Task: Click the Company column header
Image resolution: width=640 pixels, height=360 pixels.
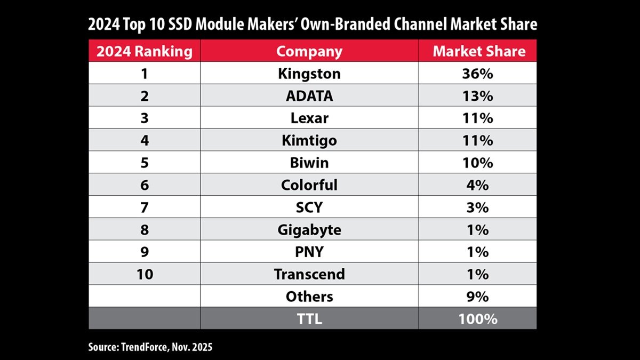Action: [309, 52]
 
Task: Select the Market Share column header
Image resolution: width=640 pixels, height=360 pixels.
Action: [478, 52]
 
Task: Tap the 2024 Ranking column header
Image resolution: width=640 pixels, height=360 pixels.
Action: [144, 52]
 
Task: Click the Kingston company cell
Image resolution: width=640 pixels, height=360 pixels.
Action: [309, 74]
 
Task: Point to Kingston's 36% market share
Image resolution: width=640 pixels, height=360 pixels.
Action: [478, 74]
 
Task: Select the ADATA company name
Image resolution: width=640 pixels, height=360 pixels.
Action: [309, 96]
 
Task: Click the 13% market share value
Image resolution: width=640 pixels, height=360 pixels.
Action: [478, 96]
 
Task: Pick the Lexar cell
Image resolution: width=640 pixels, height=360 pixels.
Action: [309, 118]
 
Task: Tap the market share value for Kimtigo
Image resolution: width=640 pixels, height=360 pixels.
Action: [478, 140]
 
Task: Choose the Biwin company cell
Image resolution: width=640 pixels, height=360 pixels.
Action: [309, 163]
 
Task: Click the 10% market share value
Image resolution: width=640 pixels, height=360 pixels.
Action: [478, 163]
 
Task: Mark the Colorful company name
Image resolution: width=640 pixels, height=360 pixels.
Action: [309, 185]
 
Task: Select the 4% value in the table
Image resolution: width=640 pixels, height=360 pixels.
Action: [478, 185]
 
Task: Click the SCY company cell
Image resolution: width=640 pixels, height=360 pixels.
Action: [309, 207]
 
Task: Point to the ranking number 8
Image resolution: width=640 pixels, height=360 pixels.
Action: [144, 230]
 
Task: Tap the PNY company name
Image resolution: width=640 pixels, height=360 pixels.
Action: [309, 252]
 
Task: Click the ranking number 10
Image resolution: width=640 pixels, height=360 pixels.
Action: [144, 274]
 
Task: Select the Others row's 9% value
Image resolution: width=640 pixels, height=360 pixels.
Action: [478, 297]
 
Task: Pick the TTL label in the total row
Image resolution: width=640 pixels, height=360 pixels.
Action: [309, 319]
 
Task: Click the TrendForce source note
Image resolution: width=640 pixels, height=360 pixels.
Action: [150, 348]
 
